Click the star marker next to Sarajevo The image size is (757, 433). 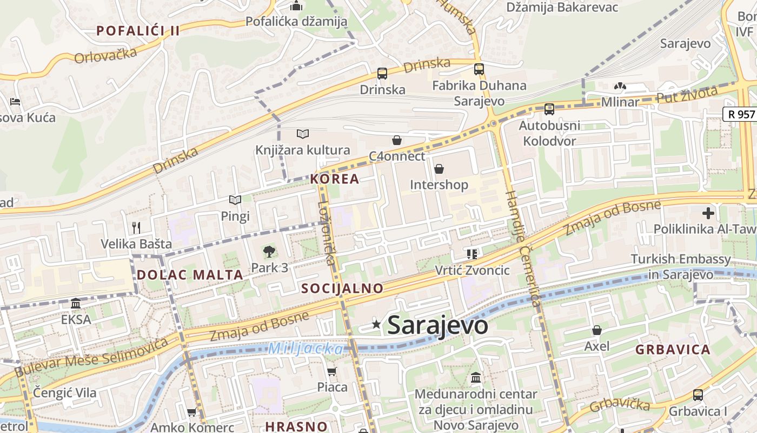[x=376, y=325]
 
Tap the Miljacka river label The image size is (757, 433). [x=306, y=349]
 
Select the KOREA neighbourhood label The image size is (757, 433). [x=335, y=179]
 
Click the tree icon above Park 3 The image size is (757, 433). [x=269, y=251]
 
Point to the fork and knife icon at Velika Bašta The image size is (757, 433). [x=136, y=228]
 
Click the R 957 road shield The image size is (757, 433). [x=739, y=114]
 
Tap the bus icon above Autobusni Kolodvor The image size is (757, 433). [x=549, y=109]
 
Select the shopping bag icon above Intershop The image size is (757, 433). [x=439, y=169]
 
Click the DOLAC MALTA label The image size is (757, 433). [x=190, y=274]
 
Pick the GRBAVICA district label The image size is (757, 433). [x=673, y=350]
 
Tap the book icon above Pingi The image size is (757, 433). [x=235, y=200]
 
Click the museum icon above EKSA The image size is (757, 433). [x=76, y=303]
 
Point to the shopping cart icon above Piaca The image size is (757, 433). [x=332, y=371]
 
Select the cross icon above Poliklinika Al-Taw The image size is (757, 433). [x=708, y=213]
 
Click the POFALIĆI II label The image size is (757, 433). [x=138, y=31]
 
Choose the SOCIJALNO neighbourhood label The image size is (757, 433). [x=342, y=288]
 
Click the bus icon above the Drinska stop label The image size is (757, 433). [x=382, y=73]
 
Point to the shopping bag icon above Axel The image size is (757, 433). [x=597, y=330]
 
